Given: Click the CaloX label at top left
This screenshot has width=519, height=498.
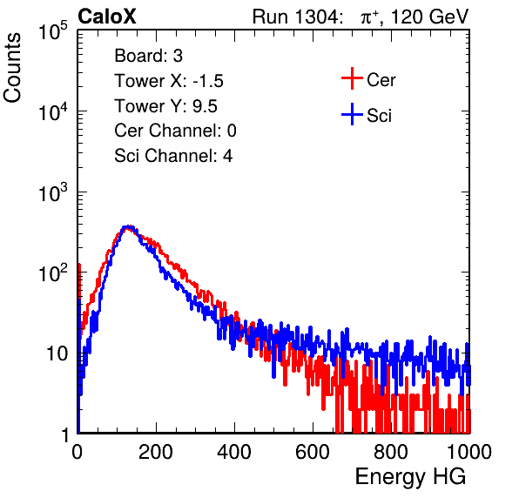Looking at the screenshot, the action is (107, 17).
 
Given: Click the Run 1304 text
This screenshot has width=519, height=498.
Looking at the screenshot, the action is (295, 17).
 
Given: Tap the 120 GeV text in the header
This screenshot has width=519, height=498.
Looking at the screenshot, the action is (430, 17).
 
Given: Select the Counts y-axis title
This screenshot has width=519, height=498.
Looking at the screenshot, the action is (12, 68).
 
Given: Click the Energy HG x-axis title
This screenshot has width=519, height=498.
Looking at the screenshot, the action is (410, 477).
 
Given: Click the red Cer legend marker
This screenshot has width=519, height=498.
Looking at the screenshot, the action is (352, 78).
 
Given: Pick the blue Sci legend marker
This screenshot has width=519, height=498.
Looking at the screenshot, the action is (352, 115).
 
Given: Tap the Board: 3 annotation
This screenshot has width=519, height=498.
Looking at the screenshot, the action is (148, 56).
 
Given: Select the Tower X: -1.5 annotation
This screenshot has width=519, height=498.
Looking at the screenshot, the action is (169, 81).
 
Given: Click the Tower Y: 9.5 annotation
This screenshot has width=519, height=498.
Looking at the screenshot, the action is (165, 106).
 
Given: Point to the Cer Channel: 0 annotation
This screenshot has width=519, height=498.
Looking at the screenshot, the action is (175, 131).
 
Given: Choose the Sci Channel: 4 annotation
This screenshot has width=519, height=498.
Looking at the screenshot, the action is (173, 156).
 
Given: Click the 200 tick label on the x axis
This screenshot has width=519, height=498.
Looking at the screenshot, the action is (156, 452).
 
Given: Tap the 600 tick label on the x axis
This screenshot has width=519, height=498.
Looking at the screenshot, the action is (313, 452).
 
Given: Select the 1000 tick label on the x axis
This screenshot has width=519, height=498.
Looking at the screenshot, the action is (469, 452).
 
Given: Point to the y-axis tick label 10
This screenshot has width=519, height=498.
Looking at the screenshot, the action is (57, 354).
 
